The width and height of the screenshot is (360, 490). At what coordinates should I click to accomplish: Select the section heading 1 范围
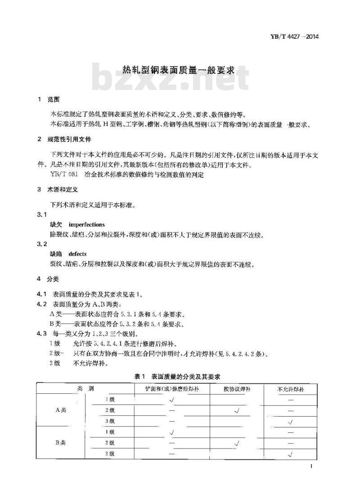click(49, 99)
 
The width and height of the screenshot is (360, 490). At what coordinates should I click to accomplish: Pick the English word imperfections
click(86, 224)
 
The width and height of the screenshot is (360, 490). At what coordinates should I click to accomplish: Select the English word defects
click(77, 254)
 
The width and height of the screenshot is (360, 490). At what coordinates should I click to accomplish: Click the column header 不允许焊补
click(291, 389)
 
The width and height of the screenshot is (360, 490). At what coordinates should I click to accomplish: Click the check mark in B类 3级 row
click(290, 454)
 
